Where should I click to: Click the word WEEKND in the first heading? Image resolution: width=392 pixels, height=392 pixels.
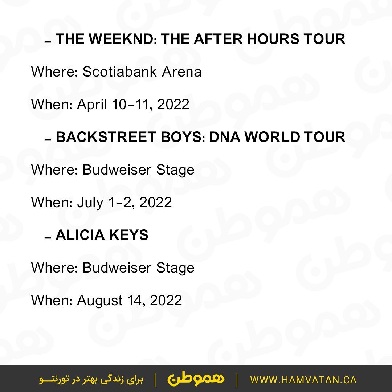click(121, 39)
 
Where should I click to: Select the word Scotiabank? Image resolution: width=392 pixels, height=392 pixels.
click(119, 72)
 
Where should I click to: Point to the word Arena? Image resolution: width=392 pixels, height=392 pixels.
click(182, 72)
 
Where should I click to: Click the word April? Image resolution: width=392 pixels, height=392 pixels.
click(92, 105)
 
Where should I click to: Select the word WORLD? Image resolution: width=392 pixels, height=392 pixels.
click(272, 137)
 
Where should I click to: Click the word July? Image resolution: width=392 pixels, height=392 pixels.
click(90, 203)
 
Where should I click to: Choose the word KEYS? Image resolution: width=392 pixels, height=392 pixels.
click(129, 235)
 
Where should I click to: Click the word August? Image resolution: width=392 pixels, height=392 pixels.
click(100, 301)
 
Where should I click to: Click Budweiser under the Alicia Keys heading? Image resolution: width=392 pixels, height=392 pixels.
click(117, 268)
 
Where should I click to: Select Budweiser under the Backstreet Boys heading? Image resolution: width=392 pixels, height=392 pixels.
click(117, 170)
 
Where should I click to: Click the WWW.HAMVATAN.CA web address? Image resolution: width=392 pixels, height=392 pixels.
click(303, 380)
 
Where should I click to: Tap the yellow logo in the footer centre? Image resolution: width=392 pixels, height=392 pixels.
click(196, 380)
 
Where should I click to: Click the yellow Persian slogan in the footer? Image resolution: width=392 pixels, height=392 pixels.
click(91, 380)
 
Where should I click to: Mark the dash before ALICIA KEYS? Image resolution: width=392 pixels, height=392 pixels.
click(48, 237)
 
